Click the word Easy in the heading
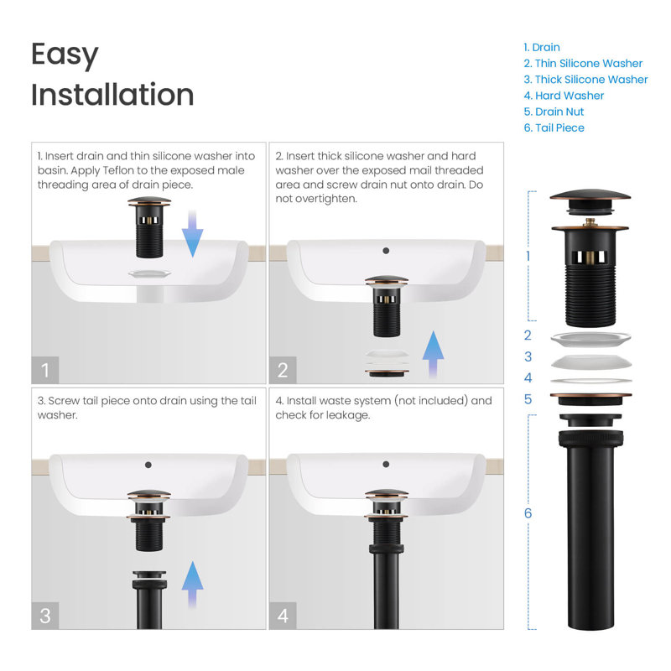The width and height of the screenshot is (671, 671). coord(65,55)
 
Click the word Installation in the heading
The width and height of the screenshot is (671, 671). coord(112,95)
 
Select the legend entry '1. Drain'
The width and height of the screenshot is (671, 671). coord(542,47)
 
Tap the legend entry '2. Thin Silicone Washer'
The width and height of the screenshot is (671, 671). coord(583,64)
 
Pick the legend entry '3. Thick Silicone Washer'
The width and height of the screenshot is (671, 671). coord(585,80)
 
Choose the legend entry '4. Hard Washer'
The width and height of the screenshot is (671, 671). coord(564,96)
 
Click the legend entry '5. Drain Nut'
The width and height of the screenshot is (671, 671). coord(554,112)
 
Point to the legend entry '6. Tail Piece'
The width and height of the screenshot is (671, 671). coord(554,128)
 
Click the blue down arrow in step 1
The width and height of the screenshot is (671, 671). coord(193,234)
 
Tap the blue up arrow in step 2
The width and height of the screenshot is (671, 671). coord(433,354)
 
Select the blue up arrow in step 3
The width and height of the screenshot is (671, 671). coord(193,585)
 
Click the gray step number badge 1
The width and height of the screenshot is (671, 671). coord(45,370)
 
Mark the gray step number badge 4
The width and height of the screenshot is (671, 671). coord(283,616)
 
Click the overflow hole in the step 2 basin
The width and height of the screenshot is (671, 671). coord(386,251)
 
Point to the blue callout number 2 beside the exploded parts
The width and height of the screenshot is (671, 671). coord(528,335)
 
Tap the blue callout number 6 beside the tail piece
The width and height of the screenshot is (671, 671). coord(528,513)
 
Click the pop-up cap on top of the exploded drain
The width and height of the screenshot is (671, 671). coord(590,200)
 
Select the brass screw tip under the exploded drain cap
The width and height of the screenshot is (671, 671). coord(590,222)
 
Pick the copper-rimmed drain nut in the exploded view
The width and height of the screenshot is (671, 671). coord(590,399)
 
